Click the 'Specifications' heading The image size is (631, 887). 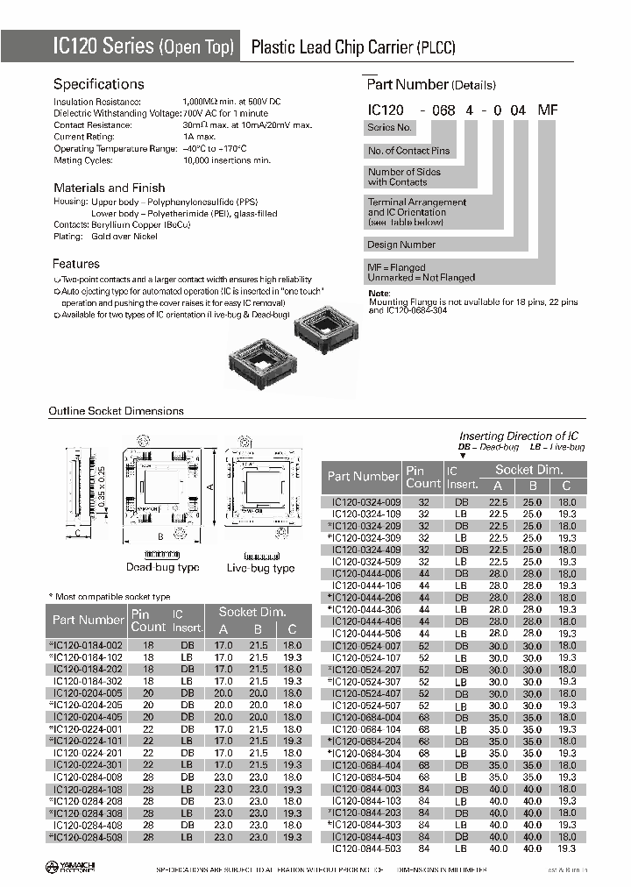coord(98,84)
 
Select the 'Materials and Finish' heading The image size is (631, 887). coord(109,188)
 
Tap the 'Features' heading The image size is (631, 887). coord(76,264)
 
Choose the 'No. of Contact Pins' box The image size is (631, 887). coord(408,151)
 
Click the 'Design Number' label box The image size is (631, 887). coord(401,245)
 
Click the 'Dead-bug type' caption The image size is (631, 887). coord(162,568)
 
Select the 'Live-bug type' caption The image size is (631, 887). coord(260,568)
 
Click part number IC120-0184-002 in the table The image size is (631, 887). coord(88,644)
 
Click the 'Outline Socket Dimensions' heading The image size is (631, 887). coord(116,411)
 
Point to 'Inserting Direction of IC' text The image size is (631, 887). coord(519,436)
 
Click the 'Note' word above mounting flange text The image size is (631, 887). coord(379,293)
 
